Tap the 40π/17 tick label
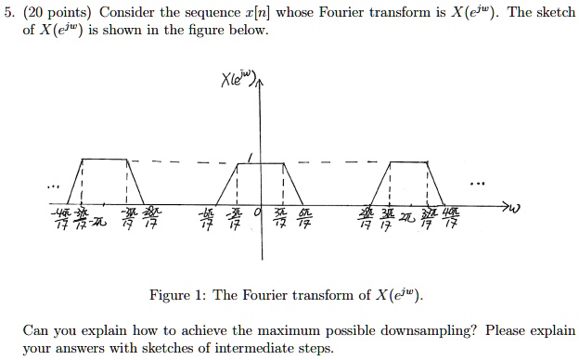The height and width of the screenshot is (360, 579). (451, 218)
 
